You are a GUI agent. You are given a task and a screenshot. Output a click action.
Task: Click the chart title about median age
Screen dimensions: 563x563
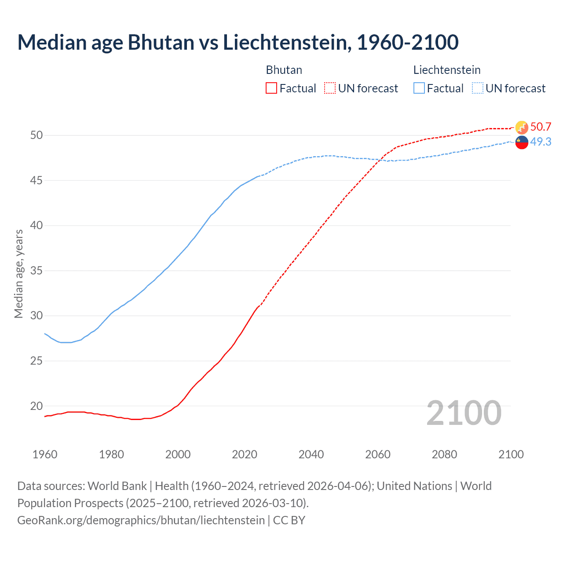(238, 42)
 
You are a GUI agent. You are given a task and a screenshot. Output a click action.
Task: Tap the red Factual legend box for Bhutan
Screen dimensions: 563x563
(271, 88)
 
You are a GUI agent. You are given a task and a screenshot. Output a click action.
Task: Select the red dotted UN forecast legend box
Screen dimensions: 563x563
(330, 88)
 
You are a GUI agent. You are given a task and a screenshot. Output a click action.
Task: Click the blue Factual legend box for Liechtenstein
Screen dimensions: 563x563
(419, 88)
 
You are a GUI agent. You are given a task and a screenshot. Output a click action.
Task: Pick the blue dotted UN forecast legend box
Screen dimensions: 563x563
(478, 88)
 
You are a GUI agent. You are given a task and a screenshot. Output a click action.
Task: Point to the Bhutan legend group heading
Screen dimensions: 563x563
(284, 70)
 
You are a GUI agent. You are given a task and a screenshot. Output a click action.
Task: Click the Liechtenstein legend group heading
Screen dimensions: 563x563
(446, 70)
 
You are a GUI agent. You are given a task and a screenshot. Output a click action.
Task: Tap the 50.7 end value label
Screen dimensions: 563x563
(541, 127)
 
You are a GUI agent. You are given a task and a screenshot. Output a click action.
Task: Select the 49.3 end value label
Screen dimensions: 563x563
(541, 142)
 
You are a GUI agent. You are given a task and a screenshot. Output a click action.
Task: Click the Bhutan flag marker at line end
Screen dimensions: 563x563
(522, 128)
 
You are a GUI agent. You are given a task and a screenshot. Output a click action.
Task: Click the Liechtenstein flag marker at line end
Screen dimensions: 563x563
(522, 143)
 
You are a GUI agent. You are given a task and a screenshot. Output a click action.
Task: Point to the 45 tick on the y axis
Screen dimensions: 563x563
(37, 180)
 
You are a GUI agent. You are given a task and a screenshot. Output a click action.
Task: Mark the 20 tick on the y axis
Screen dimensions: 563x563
(37, 406)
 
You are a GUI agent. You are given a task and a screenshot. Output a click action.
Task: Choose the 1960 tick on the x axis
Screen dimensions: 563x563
(45, 454)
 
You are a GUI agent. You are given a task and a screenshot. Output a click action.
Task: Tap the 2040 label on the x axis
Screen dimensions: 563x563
(311, 454)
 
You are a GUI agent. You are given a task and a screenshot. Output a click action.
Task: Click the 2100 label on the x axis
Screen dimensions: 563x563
(511, 454)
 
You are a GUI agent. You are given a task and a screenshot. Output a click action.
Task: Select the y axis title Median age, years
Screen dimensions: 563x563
(18, 274)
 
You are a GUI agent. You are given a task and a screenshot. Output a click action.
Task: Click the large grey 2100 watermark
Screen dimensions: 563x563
(464, 413)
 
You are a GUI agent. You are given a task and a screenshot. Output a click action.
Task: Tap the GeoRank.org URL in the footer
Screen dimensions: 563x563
(141, 520)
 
